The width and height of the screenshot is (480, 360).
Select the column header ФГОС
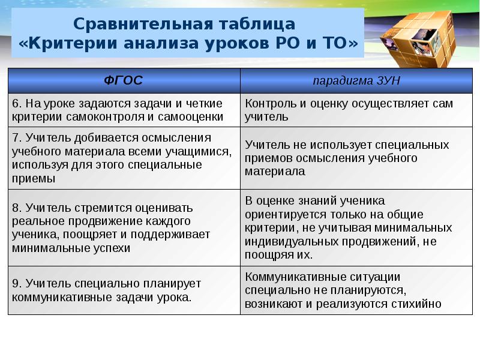click(124, 80)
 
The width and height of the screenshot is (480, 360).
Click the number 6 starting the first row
click(16, 104)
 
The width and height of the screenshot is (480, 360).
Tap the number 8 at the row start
click(16, 208)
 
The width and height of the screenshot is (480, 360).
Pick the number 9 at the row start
click(16, 283)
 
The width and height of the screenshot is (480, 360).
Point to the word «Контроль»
click(268, 104)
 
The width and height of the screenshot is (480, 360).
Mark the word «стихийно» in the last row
click(421, 304)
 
